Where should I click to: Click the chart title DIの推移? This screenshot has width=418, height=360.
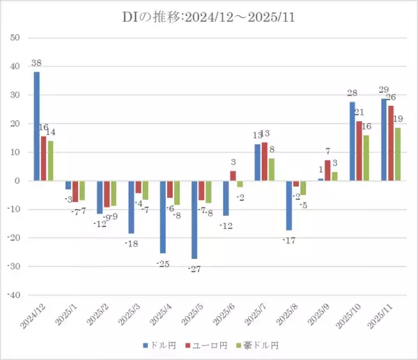208,17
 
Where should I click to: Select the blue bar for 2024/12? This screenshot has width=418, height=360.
36,126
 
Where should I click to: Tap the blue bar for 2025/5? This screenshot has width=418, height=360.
194,219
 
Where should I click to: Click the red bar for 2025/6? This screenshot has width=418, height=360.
233,176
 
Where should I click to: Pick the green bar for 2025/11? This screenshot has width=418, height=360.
398,154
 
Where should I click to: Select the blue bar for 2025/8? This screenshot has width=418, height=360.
289,205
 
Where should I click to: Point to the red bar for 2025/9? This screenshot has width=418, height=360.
328,171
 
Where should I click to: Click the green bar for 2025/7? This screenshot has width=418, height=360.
271,169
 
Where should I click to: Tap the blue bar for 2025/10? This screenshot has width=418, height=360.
353,141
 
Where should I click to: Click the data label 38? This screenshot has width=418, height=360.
36,63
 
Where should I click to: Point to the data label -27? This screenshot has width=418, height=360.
194,269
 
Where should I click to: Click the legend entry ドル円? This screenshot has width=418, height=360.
162,345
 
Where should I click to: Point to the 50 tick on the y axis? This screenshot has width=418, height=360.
13,38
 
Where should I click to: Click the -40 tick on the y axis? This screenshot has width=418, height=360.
12,295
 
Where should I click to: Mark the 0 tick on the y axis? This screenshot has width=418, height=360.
16,180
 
